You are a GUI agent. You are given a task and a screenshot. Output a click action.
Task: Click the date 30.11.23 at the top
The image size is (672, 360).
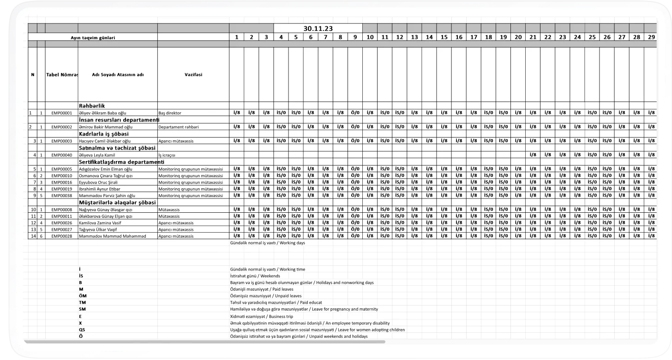pos(318,29)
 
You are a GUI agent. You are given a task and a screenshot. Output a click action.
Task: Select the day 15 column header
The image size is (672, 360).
pos(444,37)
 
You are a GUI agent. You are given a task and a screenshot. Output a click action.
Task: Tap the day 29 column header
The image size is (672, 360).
pos(651,37)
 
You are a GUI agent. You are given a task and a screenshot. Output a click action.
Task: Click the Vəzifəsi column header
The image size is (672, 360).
pos(193,74)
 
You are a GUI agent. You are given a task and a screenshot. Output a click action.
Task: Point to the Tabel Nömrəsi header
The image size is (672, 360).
pos(62,74)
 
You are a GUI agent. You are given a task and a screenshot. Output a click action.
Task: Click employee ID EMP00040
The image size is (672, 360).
pos(62,155)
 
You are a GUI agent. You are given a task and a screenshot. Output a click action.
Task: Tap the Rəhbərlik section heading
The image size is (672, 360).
pos(92,106)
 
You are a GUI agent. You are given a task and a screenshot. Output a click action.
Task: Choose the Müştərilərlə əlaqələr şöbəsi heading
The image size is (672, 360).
pos(118,203)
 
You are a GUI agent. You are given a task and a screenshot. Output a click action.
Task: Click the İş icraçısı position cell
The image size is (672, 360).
pos(167,155)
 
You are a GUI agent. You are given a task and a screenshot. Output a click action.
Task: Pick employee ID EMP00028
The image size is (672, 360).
pos(62,236)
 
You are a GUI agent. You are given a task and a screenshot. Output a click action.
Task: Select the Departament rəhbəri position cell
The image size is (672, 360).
pos(179,126)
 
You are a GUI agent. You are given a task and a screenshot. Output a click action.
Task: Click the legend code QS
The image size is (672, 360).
pos(82,330)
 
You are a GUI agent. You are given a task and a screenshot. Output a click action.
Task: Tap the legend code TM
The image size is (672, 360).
pos(82,302)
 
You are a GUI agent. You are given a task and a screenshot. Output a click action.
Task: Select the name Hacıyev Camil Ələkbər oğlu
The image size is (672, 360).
pos(105,141)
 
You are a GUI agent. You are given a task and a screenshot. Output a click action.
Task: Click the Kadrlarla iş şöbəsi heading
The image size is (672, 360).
pos(104,133)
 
